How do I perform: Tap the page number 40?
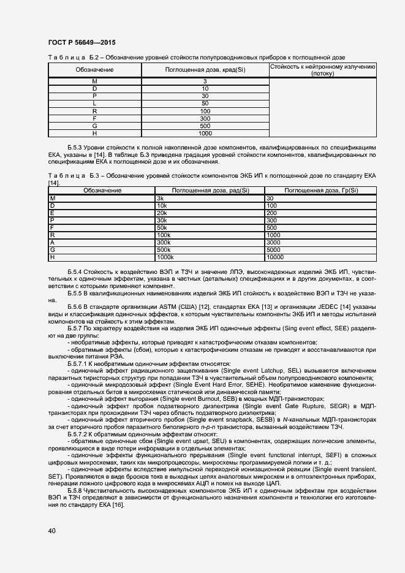51,531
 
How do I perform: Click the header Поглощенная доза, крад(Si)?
205,70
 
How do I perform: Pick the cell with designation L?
94,104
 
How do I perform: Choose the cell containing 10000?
275,257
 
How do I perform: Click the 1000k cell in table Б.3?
166,257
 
